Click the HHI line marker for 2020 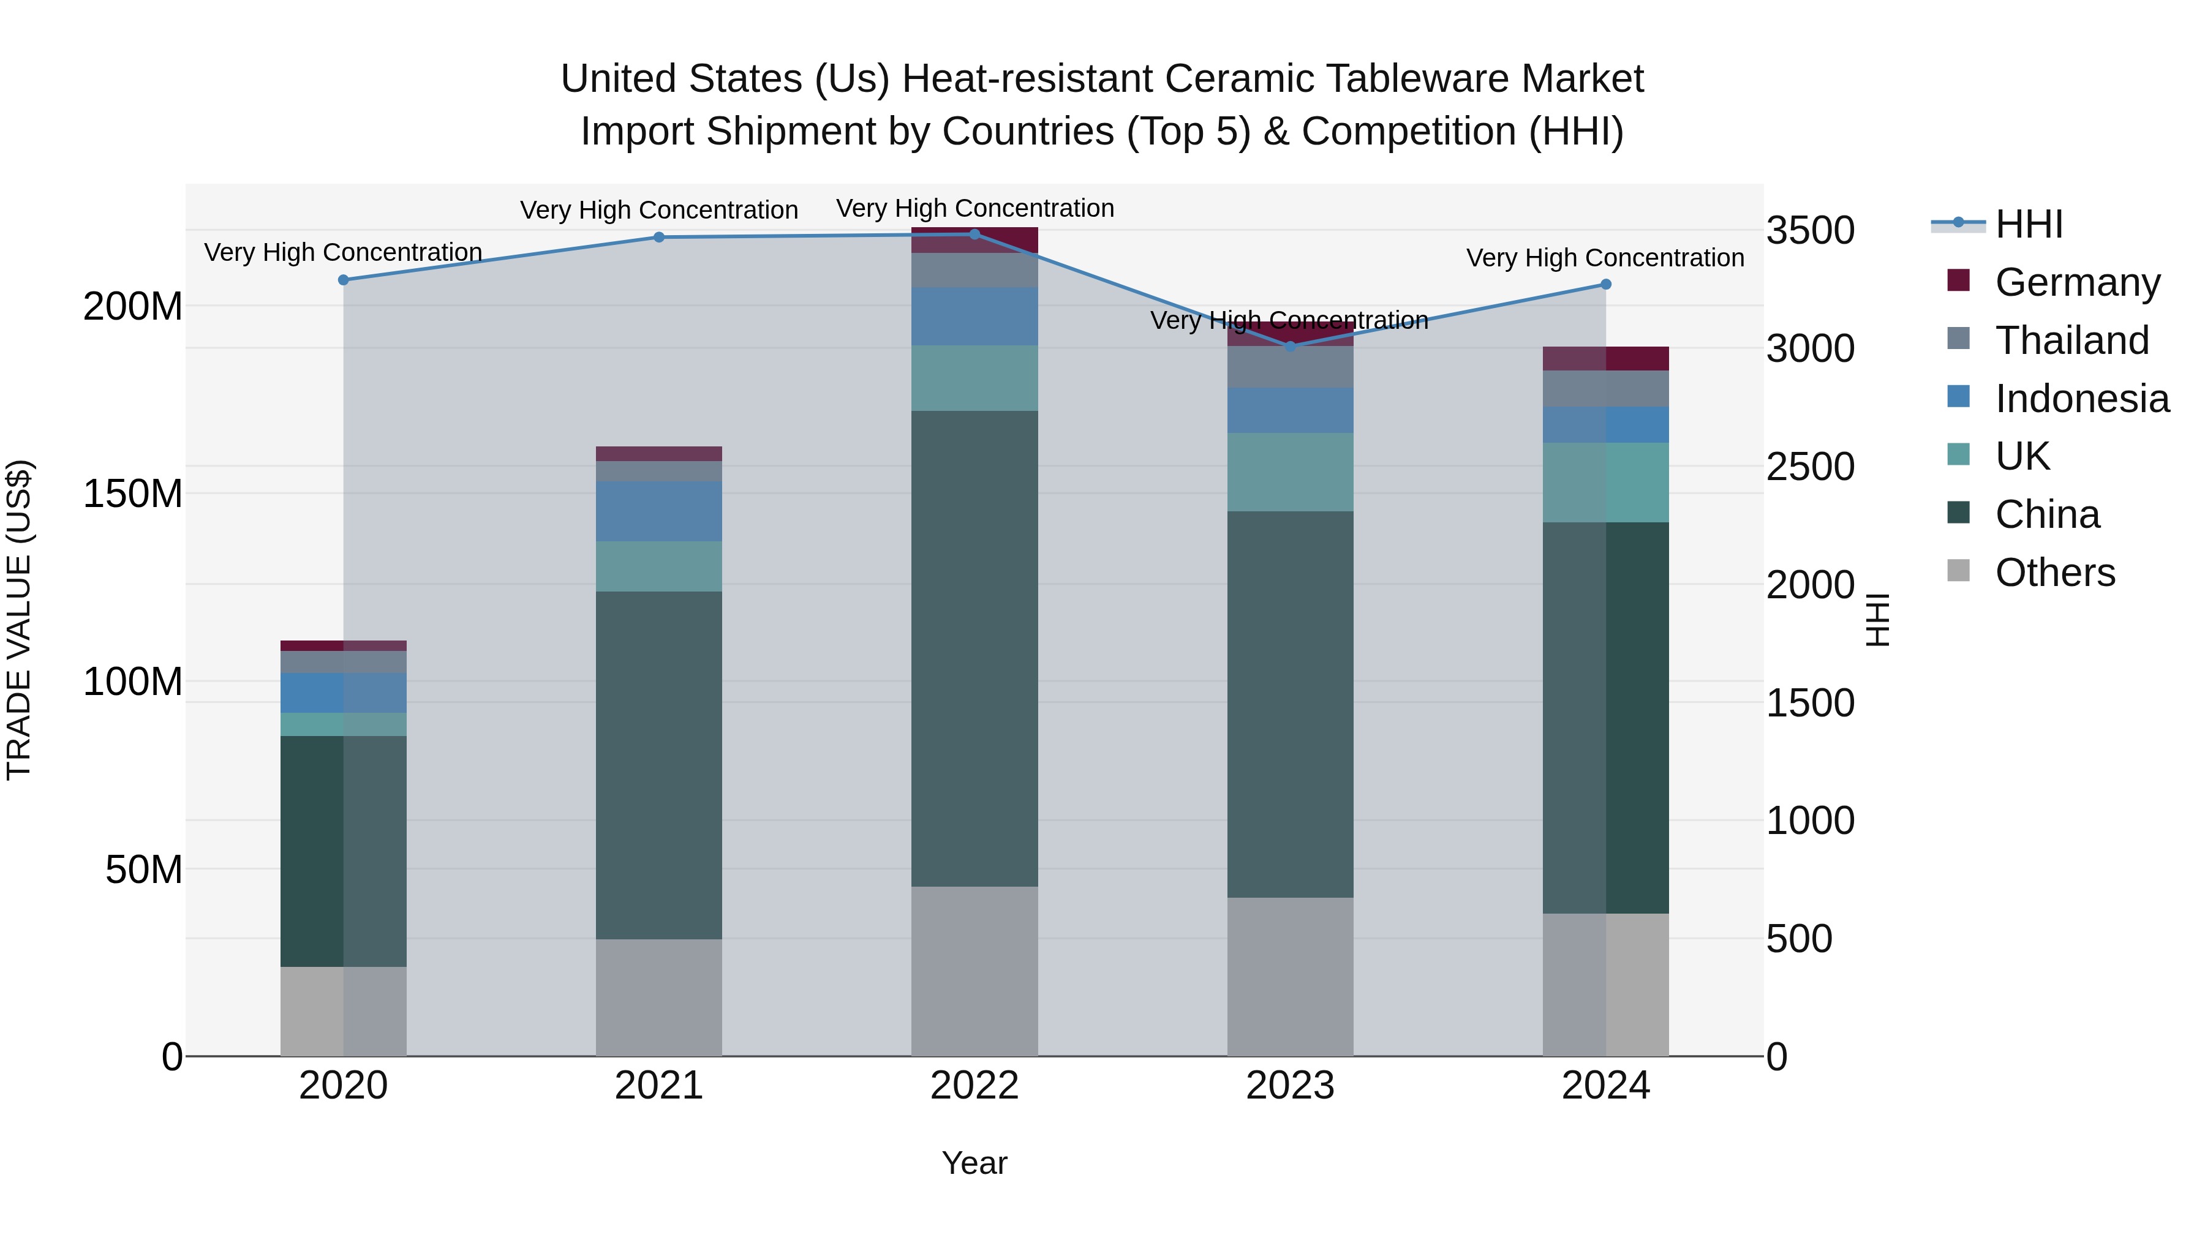click(343, 280)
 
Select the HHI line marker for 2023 click(1291, 347)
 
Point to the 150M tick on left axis click(133, 494)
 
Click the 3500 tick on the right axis click(1811, 230)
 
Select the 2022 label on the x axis click(974, 1086)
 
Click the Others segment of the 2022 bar click(974, 971)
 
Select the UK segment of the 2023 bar click(1291, 472)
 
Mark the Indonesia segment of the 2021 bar click(659, 511)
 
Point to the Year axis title click(974, 1163)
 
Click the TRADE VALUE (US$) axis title click(19, 620)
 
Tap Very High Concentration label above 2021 click(659, 209)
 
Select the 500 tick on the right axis click(1800, 939)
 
